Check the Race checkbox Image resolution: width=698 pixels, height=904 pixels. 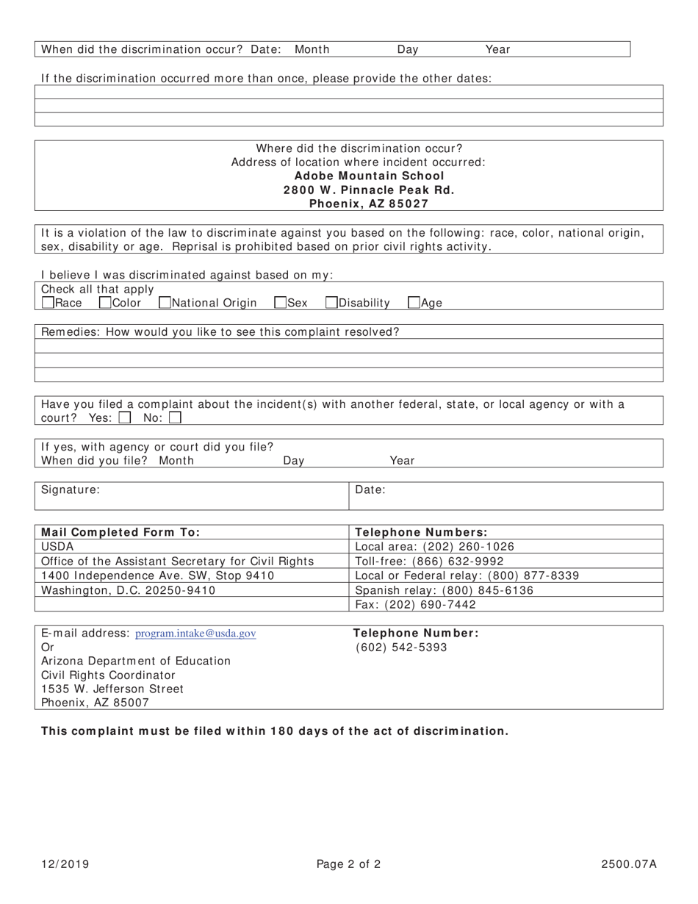click(48, 302)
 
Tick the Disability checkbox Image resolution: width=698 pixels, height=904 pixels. click(331, 302)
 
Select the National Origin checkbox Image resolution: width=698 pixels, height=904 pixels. click(165, 302)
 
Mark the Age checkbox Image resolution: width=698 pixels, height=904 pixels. click(414, 302)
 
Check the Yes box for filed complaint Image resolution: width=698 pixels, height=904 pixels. click(125, 418)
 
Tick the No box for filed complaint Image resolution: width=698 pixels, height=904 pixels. click(175, 418)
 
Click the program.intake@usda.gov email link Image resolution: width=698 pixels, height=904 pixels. click(196, 634)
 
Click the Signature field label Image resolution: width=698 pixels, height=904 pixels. click(71, 489)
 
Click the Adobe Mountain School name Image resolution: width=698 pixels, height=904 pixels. click(369, 176)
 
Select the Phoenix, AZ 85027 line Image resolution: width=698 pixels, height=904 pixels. click(369, 204)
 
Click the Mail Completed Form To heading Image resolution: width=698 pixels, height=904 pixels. click(120, 533)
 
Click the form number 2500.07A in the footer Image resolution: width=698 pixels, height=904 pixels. click(628, 864)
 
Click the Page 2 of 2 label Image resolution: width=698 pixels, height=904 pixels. click(348, 864)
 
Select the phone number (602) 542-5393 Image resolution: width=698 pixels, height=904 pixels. click(401, 647)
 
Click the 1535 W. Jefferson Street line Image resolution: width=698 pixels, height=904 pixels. click(112, 689)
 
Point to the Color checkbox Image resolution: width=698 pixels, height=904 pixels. click(105, 302)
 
